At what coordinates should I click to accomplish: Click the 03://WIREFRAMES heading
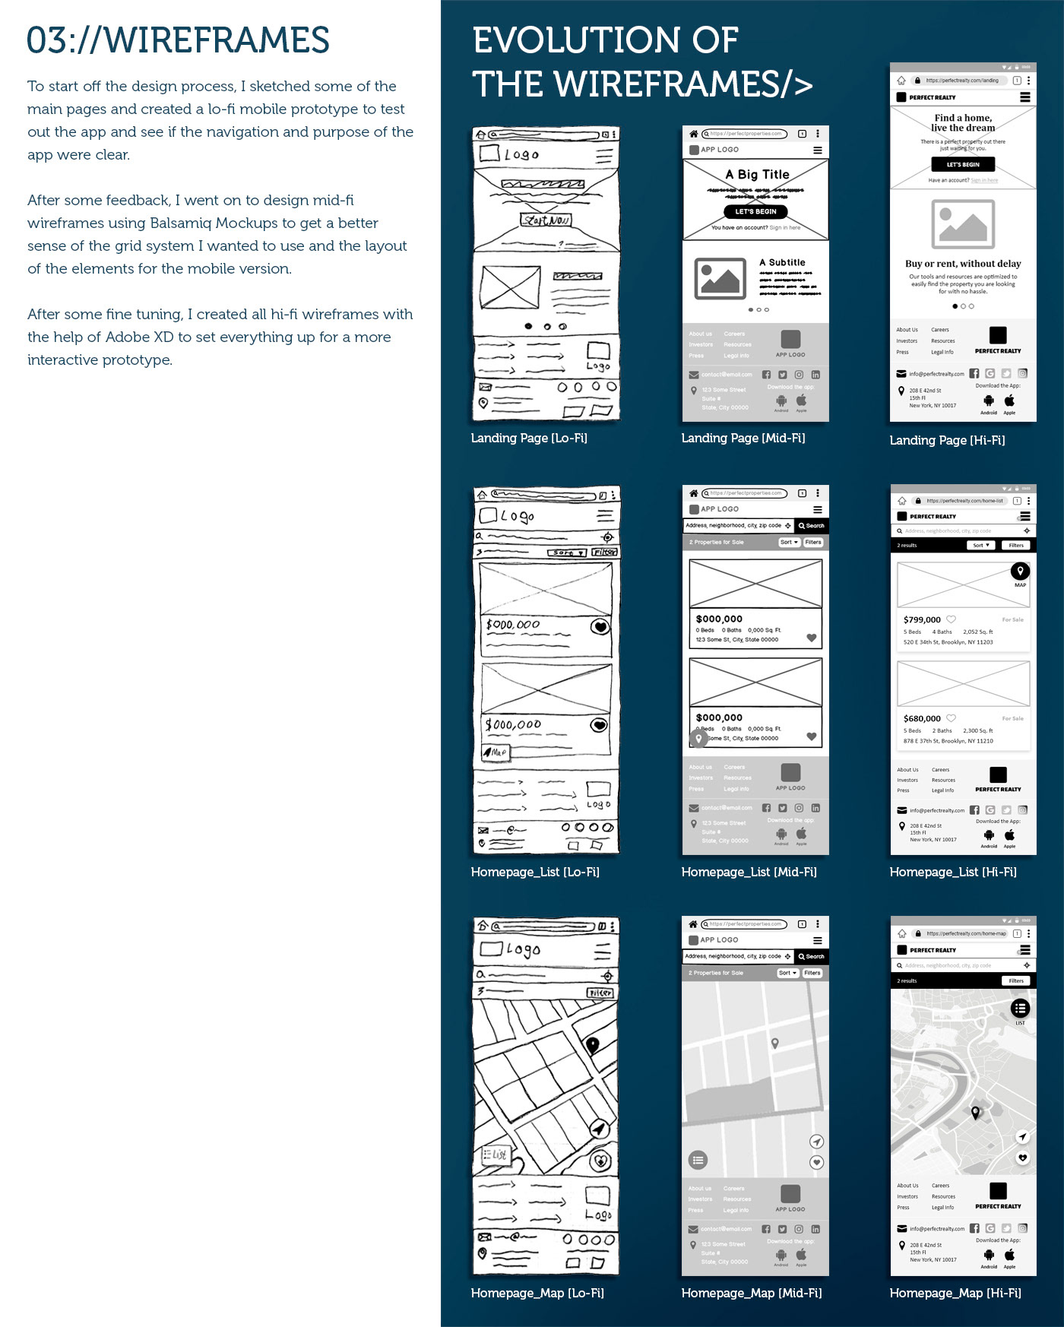pyautogui.click(x=178, y=40)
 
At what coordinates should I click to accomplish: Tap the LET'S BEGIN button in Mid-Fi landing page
pyautogui.click(x=755, y=211)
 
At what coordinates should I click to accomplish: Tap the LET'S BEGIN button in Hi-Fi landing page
pyautogui.click(x=963, y=164)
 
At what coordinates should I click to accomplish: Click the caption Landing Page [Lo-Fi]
pyautogui.click(x=529, y=438)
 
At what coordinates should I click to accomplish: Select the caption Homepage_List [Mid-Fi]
pyautogui.click(x=749, y=872)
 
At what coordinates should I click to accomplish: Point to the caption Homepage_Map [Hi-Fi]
pyautogui.click(x=955, y=1293)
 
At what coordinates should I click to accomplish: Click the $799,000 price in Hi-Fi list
pyautogui.click(x=922, y=619)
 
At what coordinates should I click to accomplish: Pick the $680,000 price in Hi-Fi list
pyautogui.click(x=922, y=718)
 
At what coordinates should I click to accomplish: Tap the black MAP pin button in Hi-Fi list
pyautogui.click(x=1020, y=571)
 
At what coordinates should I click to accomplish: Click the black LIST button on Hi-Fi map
pyautogui.click(x=1020, y=1009)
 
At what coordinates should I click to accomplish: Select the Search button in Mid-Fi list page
pyautogui.click(x=812, y=525)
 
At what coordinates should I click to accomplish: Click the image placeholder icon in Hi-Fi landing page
pyautogui.click(x=963, y=223)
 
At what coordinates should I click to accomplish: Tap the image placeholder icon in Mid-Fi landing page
pyautogui.click(x=720, y=278)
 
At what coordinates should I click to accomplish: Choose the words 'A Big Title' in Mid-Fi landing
pyautogui.click(x=757, y=174)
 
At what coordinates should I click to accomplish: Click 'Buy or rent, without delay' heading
pyautogui.click(x=963, y=264)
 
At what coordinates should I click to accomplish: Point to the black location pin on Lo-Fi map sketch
pyautogui.click(x=593, y=1045)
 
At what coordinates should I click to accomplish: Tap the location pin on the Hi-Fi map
pyautogui.click(x=976, y=1113)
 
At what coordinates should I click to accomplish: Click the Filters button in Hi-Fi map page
pyautogui.click(x=1016, y=980)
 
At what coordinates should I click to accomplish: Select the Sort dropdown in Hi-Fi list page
pyautogui.click(x=980, y=545)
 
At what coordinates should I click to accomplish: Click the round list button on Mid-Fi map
pyautogui.click(x=698, y=1160)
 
